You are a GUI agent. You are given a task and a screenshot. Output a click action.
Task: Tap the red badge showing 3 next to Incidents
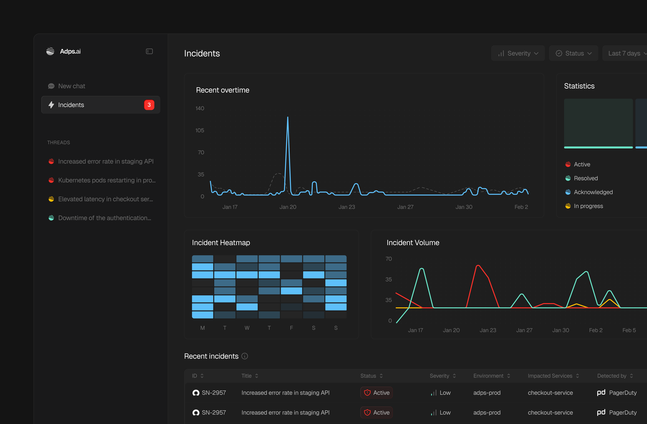pyautogui.click(x=149, y=105)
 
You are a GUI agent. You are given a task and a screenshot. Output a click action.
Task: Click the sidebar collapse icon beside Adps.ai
pyautogui.click(x=149, y=51)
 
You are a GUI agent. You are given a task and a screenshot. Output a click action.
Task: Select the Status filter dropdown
pyautogui.click(x=573, y=53)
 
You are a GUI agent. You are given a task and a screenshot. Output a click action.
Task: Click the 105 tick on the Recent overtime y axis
pyautogui.click(x=200, y=130)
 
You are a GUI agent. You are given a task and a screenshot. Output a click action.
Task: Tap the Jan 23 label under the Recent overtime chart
pyautogui.click(x=347, y=207)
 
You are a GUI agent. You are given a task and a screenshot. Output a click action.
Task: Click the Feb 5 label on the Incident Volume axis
pyautogui.click(x=629, y=330)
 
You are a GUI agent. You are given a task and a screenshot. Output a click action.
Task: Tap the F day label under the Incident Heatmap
pyautogui.click(x=291, y=328)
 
